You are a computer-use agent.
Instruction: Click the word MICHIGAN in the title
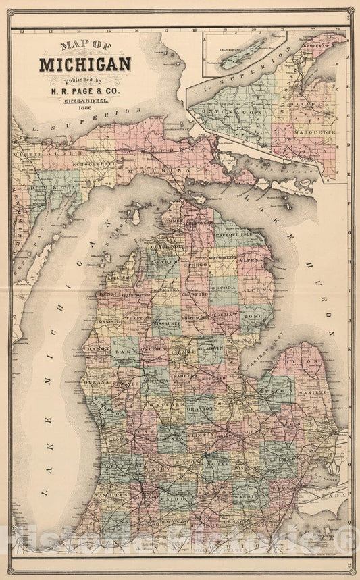pos(85,65)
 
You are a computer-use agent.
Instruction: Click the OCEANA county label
pos(94,382)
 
